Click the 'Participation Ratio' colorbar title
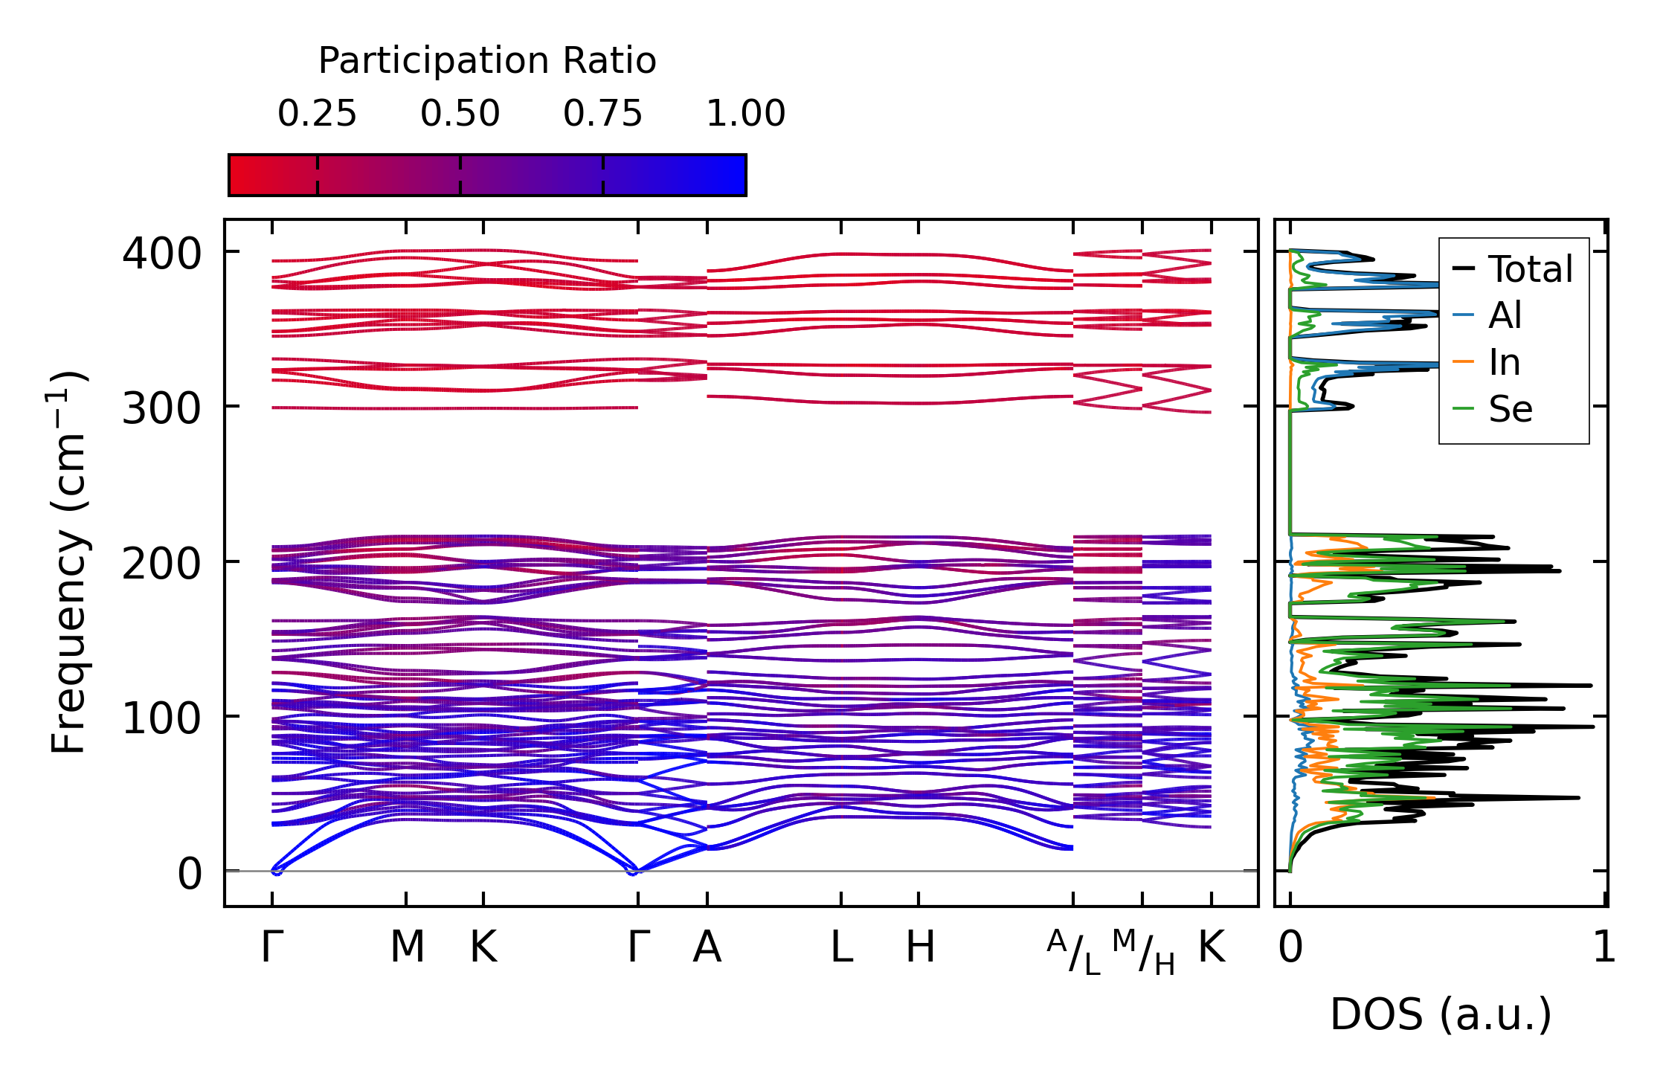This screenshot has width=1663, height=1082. [487, 61]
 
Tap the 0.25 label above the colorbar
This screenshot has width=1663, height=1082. [317, 114]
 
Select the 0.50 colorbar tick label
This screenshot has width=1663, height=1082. [460, 114]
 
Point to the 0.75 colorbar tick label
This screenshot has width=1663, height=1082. [602, 114]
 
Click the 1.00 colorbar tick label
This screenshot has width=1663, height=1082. [745, 114]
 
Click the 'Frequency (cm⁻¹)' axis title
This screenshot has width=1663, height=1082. [68, 562]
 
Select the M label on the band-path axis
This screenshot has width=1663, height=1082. [407, 947]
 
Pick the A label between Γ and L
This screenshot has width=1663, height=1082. [707, 947]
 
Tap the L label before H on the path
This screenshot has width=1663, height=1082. [841, 947]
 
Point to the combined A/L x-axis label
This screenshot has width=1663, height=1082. [1073, 952]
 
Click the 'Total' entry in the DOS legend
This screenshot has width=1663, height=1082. [1530, 269]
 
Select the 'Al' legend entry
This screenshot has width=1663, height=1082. [1505, 315]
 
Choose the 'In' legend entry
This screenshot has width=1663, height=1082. [1504, 362]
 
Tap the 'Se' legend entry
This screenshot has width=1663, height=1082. [1510, 409]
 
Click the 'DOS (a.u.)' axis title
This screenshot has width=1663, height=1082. [1441, 1014]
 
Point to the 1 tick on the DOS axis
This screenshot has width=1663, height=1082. [1604, 947]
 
